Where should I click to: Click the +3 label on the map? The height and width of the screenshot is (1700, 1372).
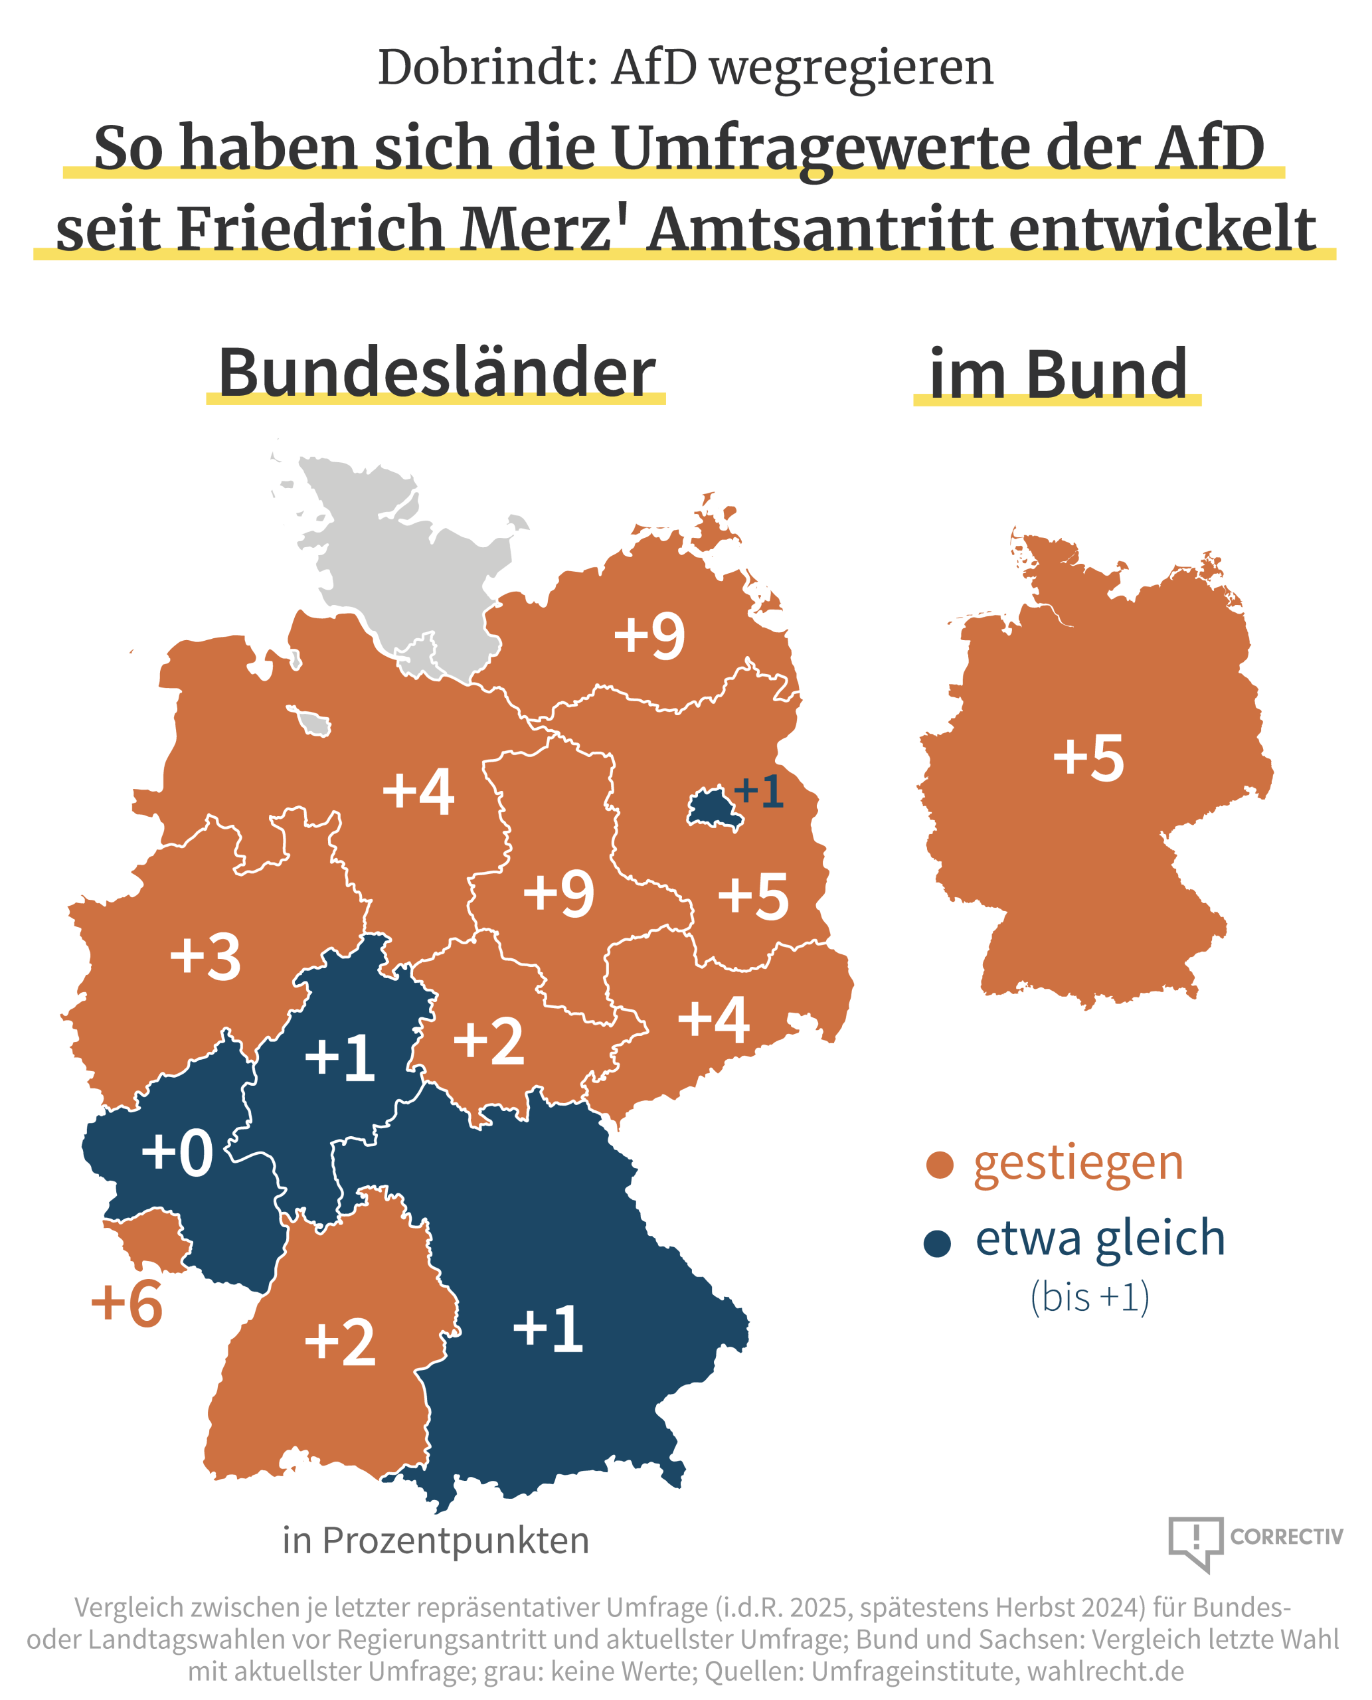[x=205, y=957]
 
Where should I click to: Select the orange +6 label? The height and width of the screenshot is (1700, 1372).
[x=126, y=1304]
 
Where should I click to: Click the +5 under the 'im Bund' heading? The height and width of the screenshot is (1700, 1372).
[x=1088, y=757]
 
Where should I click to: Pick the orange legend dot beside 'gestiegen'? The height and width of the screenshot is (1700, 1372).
[x=940, y=1165]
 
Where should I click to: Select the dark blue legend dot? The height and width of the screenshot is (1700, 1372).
[x=937, y=1243]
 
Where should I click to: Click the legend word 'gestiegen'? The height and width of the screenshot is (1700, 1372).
[x=1078, y=1163]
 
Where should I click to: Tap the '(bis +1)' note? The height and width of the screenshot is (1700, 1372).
[x=1090, y=1297]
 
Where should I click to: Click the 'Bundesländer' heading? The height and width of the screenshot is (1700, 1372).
[x=436, y=373]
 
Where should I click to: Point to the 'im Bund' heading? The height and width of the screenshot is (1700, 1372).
[x=1057, y=375]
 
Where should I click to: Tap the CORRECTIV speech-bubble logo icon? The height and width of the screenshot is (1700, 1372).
[x=1196, y=1541]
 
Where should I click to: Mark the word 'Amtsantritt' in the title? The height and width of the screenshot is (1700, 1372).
[x=819, y=230]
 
